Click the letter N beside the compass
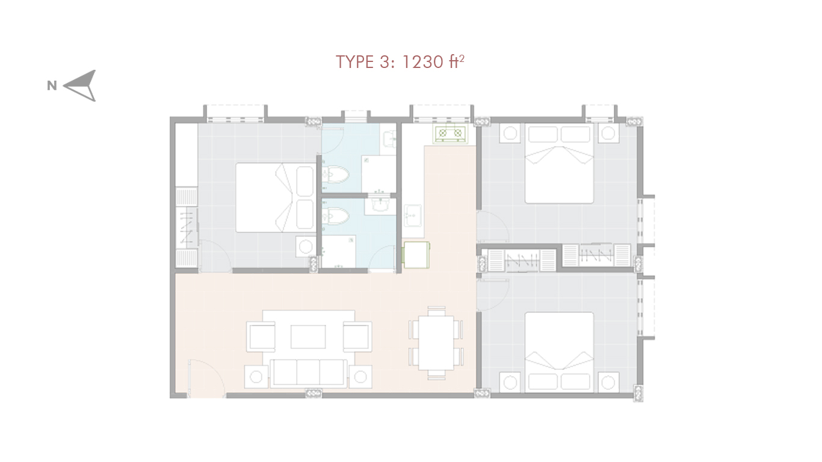point(52,86)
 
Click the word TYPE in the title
point(354,61)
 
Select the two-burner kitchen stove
point(450,134)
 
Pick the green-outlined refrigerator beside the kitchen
point(416,254)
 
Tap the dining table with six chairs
point(436,343)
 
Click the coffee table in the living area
point(308,336)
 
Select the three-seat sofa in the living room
point(308,372)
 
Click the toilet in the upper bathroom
point(335,176)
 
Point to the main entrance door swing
point(206,378)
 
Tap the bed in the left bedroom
point(276,197)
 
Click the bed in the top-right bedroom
point(559,163)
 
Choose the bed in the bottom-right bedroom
point(559,352)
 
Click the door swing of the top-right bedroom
point(492,226)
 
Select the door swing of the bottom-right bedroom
point(492,295)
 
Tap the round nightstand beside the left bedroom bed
point(306,247)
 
